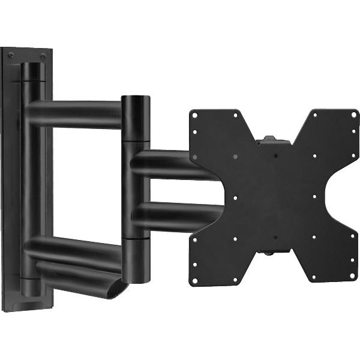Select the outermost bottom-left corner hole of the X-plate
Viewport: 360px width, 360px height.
[x=196, y=278]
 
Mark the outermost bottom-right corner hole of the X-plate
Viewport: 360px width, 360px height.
[x=347, y=278]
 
